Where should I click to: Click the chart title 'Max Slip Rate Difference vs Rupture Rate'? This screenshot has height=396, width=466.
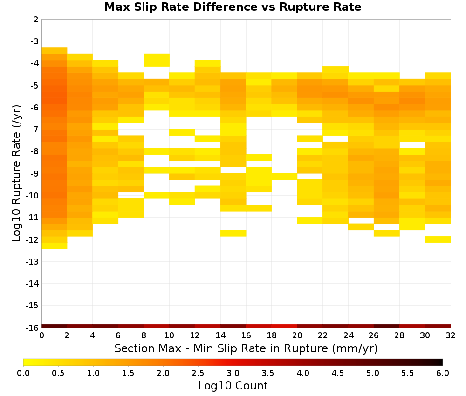click(x=233, y=7)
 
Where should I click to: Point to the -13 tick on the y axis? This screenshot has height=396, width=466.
click(x=34, y=261)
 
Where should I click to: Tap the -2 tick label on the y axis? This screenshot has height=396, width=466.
click(x=34, y=20)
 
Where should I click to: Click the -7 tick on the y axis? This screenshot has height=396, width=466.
click(x=34, y=130)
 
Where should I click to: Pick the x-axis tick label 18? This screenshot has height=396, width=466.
click(x=272, y=335)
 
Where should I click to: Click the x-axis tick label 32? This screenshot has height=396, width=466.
click(x=451, y=335)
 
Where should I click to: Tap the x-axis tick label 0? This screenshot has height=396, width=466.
click(x=41, y=335)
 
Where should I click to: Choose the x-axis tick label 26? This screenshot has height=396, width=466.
click(x=374, y=335)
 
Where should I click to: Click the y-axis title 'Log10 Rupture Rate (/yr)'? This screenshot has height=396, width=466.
click(x=17, y=173)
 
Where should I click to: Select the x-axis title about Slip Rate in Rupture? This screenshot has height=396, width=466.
click(x=246, y=348)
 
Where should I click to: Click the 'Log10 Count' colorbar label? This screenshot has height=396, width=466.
click(x=233, y=386)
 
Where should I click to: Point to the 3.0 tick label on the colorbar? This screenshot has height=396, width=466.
click(x=233, y=373)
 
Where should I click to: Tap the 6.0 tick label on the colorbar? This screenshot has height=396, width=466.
click(x=443, y=373)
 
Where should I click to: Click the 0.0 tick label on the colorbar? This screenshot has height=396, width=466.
click(x=23, y=373)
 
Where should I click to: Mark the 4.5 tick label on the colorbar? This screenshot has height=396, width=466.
click(x=337, y=373)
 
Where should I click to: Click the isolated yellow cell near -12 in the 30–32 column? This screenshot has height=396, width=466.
click(x=438, y=239)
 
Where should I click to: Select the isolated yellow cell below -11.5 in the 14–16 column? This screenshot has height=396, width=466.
click(x=233, y=233)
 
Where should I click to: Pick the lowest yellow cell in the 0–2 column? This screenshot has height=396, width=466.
click(x=55, y=246)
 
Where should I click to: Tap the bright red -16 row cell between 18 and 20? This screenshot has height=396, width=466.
click(x=284, y=326)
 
